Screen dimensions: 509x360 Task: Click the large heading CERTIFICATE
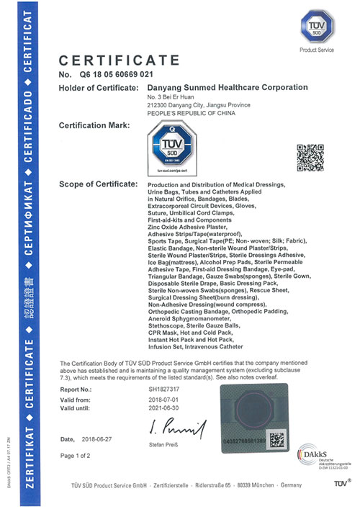118,59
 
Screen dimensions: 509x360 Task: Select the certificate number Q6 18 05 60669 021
118,73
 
